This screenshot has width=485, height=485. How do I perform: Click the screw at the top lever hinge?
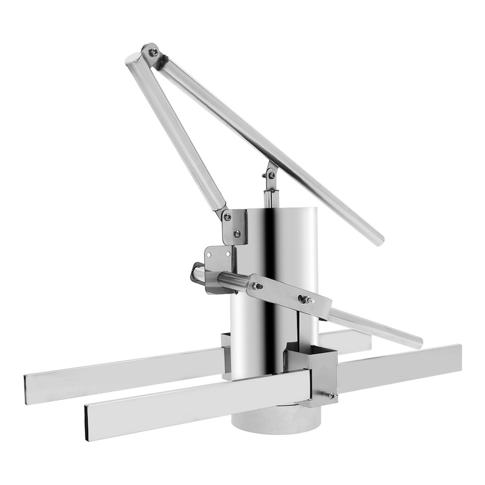(152, 51)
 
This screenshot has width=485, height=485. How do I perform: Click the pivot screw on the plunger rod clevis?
(272, 176)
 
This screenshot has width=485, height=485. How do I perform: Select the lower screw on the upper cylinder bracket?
(237, 234)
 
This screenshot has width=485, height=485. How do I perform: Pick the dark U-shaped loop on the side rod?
(196, 273)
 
